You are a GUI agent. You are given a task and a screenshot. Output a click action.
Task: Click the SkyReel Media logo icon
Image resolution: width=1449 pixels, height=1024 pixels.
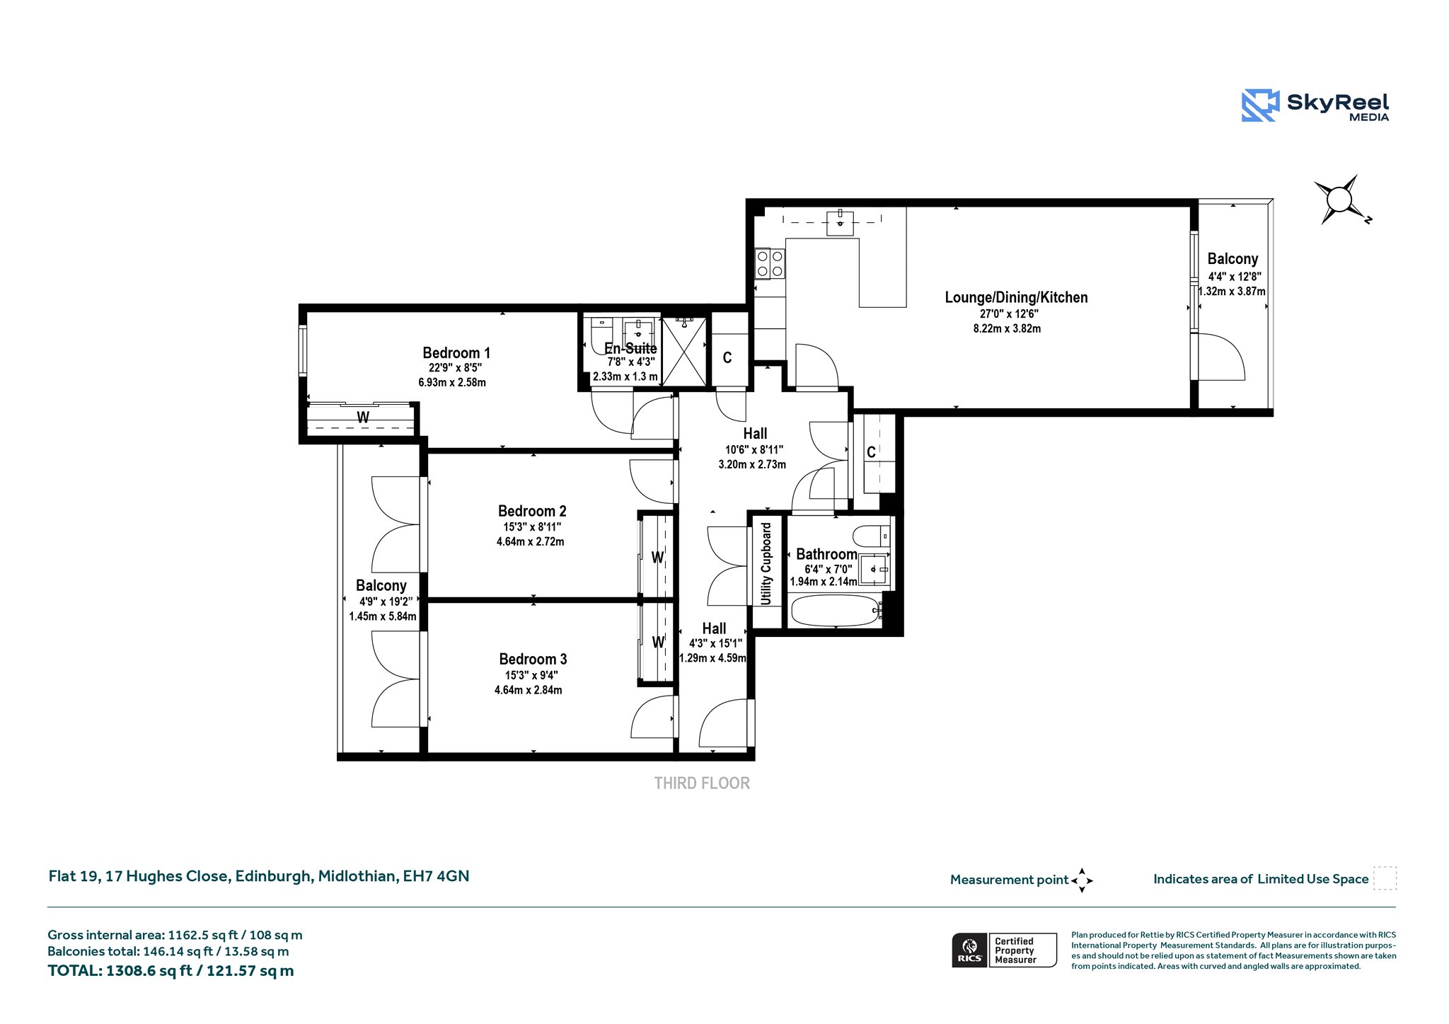(1260, 105)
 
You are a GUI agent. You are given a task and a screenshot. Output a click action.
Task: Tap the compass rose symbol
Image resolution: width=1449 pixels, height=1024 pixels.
(1340, 200)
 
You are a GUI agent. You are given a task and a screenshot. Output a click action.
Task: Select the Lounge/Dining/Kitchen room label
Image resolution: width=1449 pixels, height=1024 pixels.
(1016, 297)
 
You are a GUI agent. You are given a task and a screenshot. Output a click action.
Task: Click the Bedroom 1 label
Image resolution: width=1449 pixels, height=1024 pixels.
(456, 352)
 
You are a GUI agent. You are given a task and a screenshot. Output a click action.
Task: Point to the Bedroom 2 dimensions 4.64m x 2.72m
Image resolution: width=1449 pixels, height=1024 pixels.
(531, 541)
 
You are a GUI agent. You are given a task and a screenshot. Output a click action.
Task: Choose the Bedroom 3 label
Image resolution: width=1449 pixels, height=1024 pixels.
(533, 659)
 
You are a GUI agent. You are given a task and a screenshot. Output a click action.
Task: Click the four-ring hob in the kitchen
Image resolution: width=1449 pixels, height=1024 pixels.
(770, 263)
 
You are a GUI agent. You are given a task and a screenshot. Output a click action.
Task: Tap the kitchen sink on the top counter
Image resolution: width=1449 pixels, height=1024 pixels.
(840, 222)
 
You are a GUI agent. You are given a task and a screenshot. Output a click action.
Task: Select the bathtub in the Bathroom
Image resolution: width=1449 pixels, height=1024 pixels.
(836, 610)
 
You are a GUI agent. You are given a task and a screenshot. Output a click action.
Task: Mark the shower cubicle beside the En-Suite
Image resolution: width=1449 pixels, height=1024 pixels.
(683, 352)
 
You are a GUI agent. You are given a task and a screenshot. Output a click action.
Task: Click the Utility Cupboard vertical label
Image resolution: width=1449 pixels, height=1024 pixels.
(766, 564)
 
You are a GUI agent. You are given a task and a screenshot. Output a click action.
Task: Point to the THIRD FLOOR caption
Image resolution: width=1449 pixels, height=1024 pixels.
(702, 783)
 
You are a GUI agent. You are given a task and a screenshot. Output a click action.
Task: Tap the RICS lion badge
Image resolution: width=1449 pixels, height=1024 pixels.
(970, 950)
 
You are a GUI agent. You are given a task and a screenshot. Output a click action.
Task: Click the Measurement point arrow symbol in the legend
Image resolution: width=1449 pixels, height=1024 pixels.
(1082, 880)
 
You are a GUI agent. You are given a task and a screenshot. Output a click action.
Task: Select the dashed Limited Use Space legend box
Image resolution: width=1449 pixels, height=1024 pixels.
(1385, 878)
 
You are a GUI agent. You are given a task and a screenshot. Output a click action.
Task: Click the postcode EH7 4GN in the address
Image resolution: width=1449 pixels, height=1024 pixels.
(436, 876)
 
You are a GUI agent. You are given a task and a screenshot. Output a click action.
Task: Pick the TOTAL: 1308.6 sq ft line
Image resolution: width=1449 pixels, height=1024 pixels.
(171, 970)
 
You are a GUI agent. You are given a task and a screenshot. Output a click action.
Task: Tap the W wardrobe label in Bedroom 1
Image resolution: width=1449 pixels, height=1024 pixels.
(363, 418)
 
